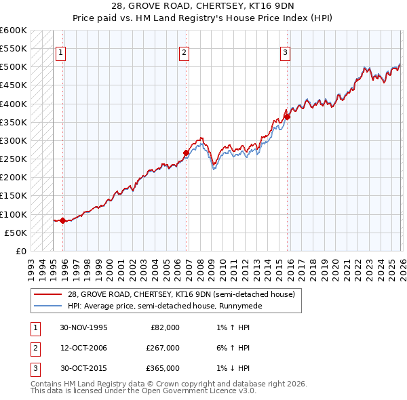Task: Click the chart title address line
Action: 203,6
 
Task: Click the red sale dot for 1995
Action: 63,220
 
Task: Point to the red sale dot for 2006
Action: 186,153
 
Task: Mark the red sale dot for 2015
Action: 287,117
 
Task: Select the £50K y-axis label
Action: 16,233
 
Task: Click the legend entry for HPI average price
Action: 159,306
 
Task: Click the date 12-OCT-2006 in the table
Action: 83,348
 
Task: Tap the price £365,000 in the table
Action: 163,368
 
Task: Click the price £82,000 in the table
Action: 165,327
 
